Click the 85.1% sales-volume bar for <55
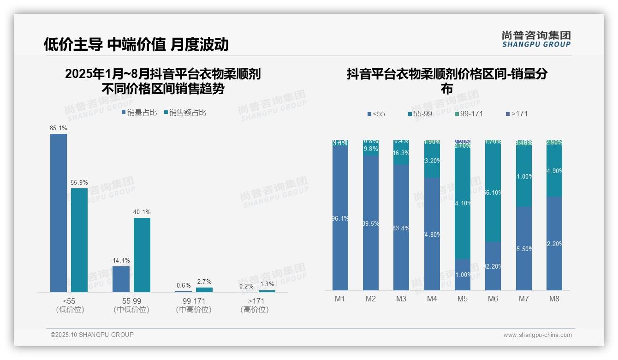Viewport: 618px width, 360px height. [59, 213]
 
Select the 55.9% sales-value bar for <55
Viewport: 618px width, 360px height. [79, 240]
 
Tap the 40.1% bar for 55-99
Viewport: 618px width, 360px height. [142, 255]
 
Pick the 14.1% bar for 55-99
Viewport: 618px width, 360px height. [121, 279]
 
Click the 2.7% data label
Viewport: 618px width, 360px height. [204, 282]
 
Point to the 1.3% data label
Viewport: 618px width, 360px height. [267, 284]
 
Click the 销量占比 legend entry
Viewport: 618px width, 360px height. [139, 113]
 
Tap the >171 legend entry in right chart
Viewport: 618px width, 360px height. [517, 114]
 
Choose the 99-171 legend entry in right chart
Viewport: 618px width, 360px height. [469, 114]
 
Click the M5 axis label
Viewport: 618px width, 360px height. [463, 299]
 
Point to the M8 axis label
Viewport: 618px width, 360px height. [554, 299]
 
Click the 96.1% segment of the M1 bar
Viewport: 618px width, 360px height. [340, 219]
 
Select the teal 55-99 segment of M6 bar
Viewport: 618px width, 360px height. [493, 192]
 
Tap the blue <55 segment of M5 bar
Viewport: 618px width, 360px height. [463, 275]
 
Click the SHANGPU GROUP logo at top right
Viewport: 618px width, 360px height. [536, 39]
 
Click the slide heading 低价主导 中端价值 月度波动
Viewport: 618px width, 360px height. [136, 44]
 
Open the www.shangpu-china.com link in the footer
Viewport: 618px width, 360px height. [537, 335]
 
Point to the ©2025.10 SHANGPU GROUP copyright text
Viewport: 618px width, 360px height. [92, 335]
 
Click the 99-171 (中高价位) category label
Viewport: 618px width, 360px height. [194, 306]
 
